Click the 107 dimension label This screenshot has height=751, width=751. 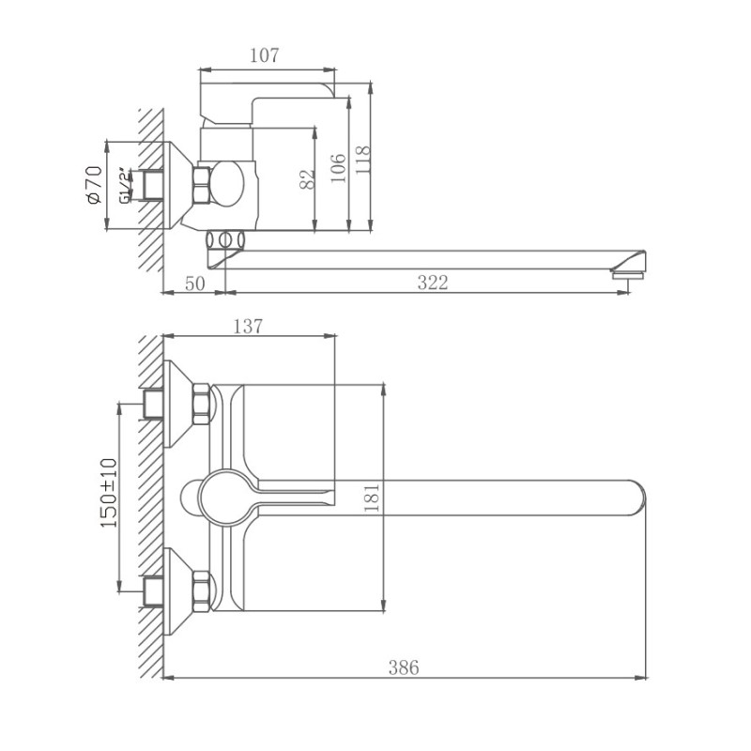(x=266, y=56)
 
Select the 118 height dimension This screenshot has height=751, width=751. (x=364, y=162)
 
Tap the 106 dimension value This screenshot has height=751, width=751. (x=339, y=165)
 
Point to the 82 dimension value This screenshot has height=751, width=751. (x=306, y=179)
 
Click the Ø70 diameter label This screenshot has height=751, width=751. (x=93, y=186)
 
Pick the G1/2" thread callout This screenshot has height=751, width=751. (x=124, y=185)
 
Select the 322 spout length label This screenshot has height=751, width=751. (x=432, y=284)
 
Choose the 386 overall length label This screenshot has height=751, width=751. (x=404, y=667)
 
